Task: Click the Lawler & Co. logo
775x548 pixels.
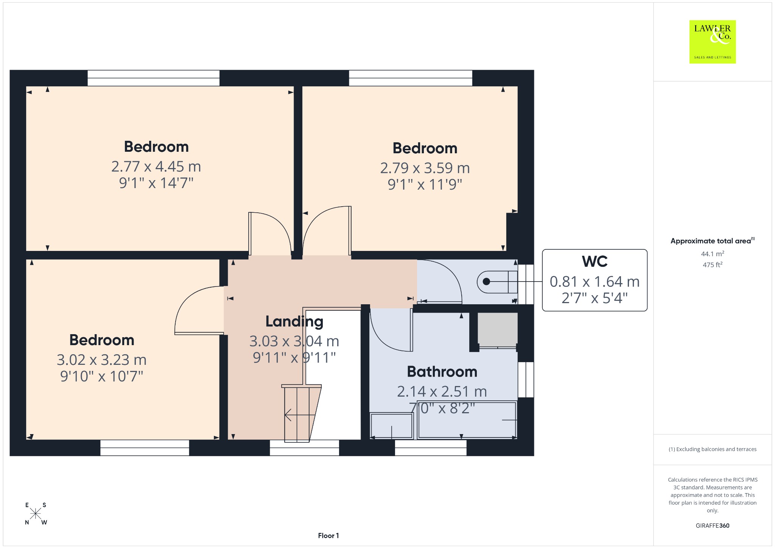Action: point(713,42)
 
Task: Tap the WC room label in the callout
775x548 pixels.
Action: point(594,262)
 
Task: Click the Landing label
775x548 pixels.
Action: point(294,322)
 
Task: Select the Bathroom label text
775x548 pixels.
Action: point(442,372)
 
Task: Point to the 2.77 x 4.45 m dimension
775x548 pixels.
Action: point(156,167)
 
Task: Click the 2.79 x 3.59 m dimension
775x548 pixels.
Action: point(425,168)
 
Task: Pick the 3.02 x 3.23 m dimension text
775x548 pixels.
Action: point(101,360)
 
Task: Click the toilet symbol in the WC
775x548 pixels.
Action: point(497,282)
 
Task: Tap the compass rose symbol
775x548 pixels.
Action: point(36,514)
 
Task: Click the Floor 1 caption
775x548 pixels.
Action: point(328,536)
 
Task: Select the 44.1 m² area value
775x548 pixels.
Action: point(713,254)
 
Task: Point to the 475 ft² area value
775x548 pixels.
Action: point(713,265)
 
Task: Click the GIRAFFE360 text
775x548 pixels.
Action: point(713,526)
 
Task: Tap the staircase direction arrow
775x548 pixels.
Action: point(300,415)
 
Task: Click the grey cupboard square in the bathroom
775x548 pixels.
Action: point(497,329)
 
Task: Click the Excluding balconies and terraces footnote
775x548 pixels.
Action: point(713,449)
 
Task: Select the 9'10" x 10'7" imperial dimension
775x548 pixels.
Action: point(101,377)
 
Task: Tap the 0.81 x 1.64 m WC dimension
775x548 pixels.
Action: point(594,282)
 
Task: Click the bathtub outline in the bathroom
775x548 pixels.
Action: point(467,420)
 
